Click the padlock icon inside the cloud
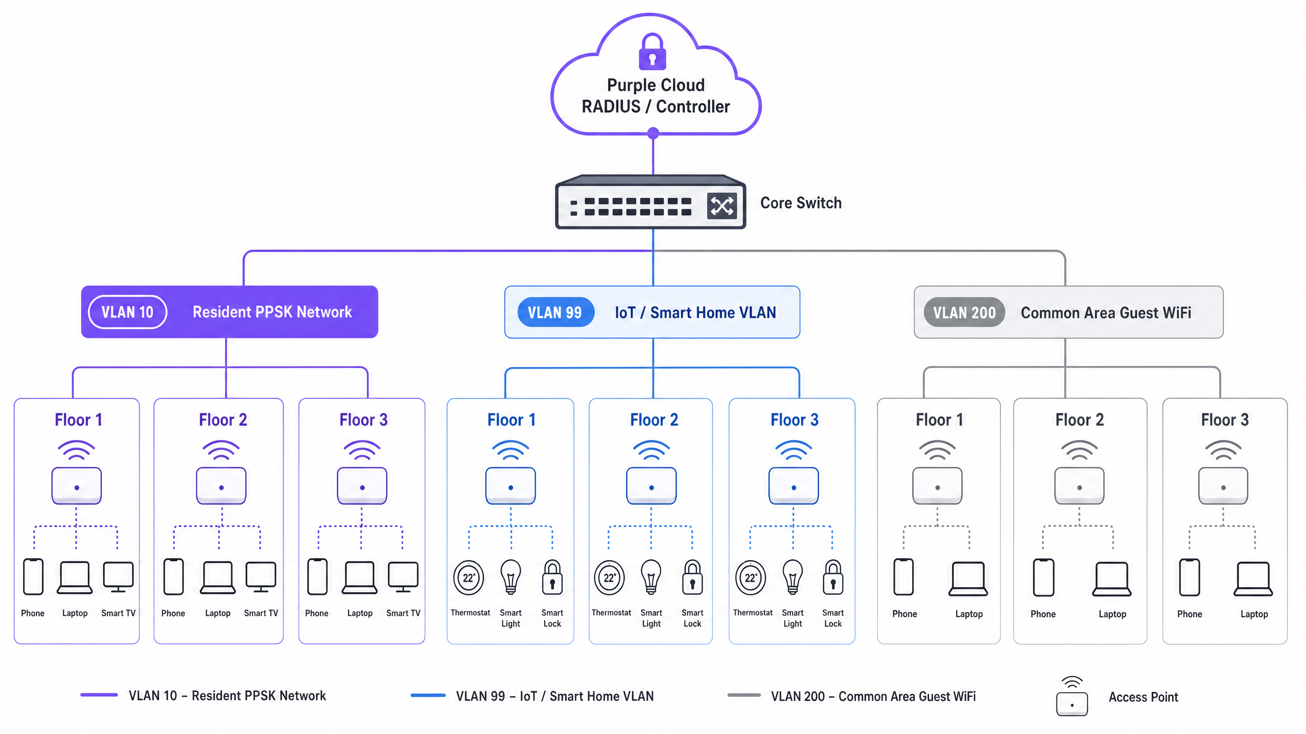pos(652,51)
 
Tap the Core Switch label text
pos(800,203)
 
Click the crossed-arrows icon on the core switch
pos(722,206)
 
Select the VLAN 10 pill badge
pos(128,312)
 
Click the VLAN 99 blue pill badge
pos(556,312)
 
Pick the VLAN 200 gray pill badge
pos(964,312)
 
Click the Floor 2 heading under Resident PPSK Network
pos(223,420)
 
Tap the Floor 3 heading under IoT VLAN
pos(794,420)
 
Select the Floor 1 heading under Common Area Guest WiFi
pos(939,420)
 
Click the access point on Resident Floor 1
pos(77,486)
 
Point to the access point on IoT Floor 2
pos(651,486)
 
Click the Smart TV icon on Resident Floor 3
pos(403,577)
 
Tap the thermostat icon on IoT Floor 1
pos(469,578)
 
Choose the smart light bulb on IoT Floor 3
pos(793,577)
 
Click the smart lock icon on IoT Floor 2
pos(692,577)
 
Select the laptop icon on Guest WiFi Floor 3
pos(1253,579)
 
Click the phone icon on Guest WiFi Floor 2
pos(1043,577)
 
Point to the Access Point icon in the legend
pos(1072,697)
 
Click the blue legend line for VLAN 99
pos(428,695)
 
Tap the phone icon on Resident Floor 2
pos(173,577)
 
